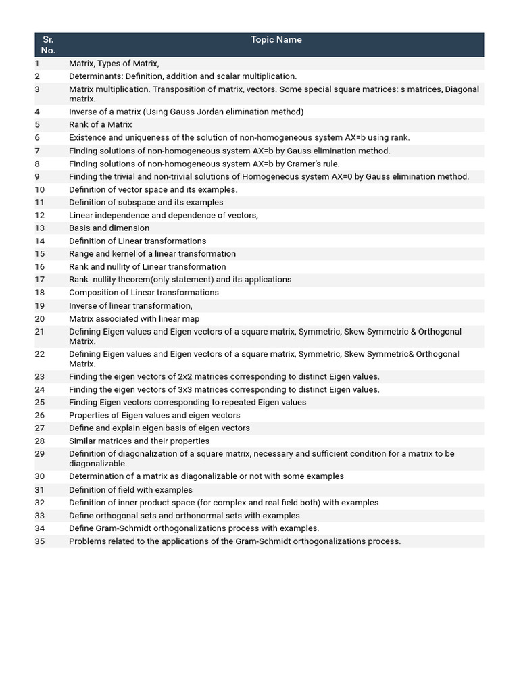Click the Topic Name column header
point(276,40)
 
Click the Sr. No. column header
point(47,45)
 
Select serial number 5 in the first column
point(37,125)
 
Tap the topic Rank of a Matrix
point(100,125)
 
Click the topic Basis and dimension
point(109,228)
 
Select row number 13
point(39,228)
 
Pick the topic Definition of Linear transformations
point(137,241)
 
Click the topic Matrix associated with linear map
point(134,319)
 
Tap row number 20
point(39,319)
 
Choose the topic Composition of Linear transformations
point(143,293)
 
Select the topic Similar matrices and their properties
point(139,441)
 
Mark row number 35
point(39,541)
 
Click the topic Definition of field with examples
point(130,490)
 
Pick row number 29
point(39,454)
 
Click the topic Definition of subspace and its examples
point(146,203)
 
